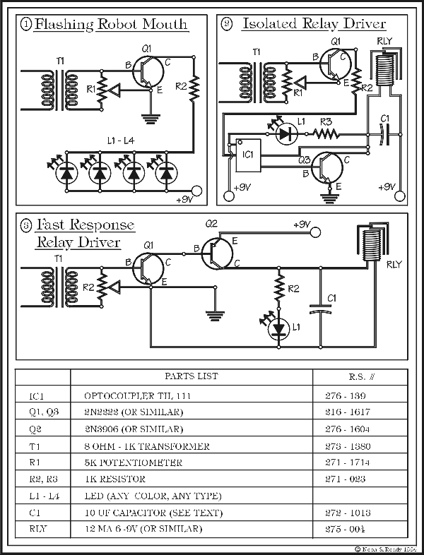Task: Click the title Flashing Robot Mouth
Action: pos(111,25)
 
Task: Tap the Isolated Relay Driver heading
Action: pos(314,25)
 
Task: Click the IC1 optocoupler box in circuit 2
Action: pos(247,153)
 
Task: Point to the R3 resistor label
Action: pos(326,121)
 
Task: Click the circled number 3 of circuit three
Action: pos(25,226)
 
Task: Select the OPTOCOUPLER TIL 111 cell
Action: pos(138,396)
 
